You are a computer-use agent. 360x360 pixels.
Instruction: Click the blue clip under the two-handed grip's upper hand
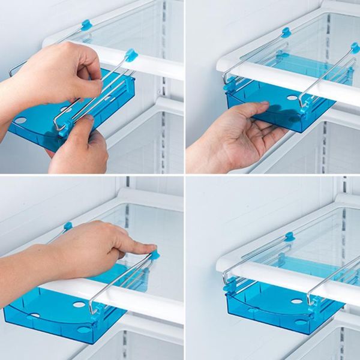coord(130,56)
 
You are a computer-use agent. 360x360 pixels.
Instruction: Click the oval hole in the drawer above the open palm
coord(292,98)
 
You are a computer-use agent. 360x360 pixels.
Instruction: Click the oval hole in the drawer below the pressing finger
coord(79,305)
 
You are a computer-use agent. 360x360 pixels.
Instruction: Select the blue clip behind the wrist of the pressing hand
coord(68,226)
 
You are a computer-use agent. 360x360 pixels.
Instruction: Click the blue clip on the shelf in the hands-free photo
coord(290,236)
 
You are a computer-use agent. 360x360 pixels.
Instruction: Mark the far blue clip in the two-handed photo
coord(86,25)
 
